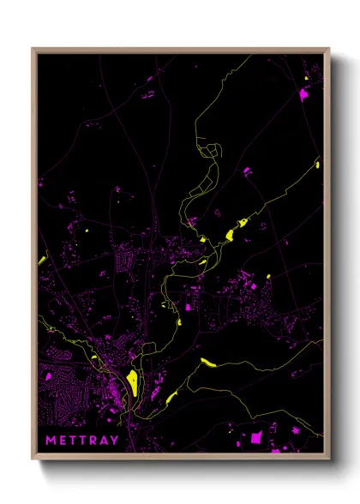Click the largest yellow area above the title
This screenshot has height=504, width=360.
(x=132, y=380)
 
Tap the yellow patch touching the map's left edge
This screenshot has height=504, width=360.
(x=41, y=260)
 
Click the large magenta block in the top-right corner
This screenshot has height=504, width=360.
(x=303, y=94)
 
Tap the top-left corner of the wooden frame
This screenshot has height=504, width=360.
(x=33, y=49)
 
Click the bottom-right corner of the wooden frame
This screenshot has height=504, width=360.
(x=329, y=461)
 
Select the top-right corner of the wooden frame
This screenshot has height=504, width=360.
(x=329, y=49)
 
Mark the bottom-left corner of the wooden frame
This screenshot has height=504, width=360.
(x=33, y=461)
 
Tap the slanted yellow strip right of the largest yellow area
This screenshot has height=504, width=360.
(x=171, y=397)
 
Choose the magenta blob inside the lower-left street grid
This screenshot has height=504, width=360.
(x=51, y=375)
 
